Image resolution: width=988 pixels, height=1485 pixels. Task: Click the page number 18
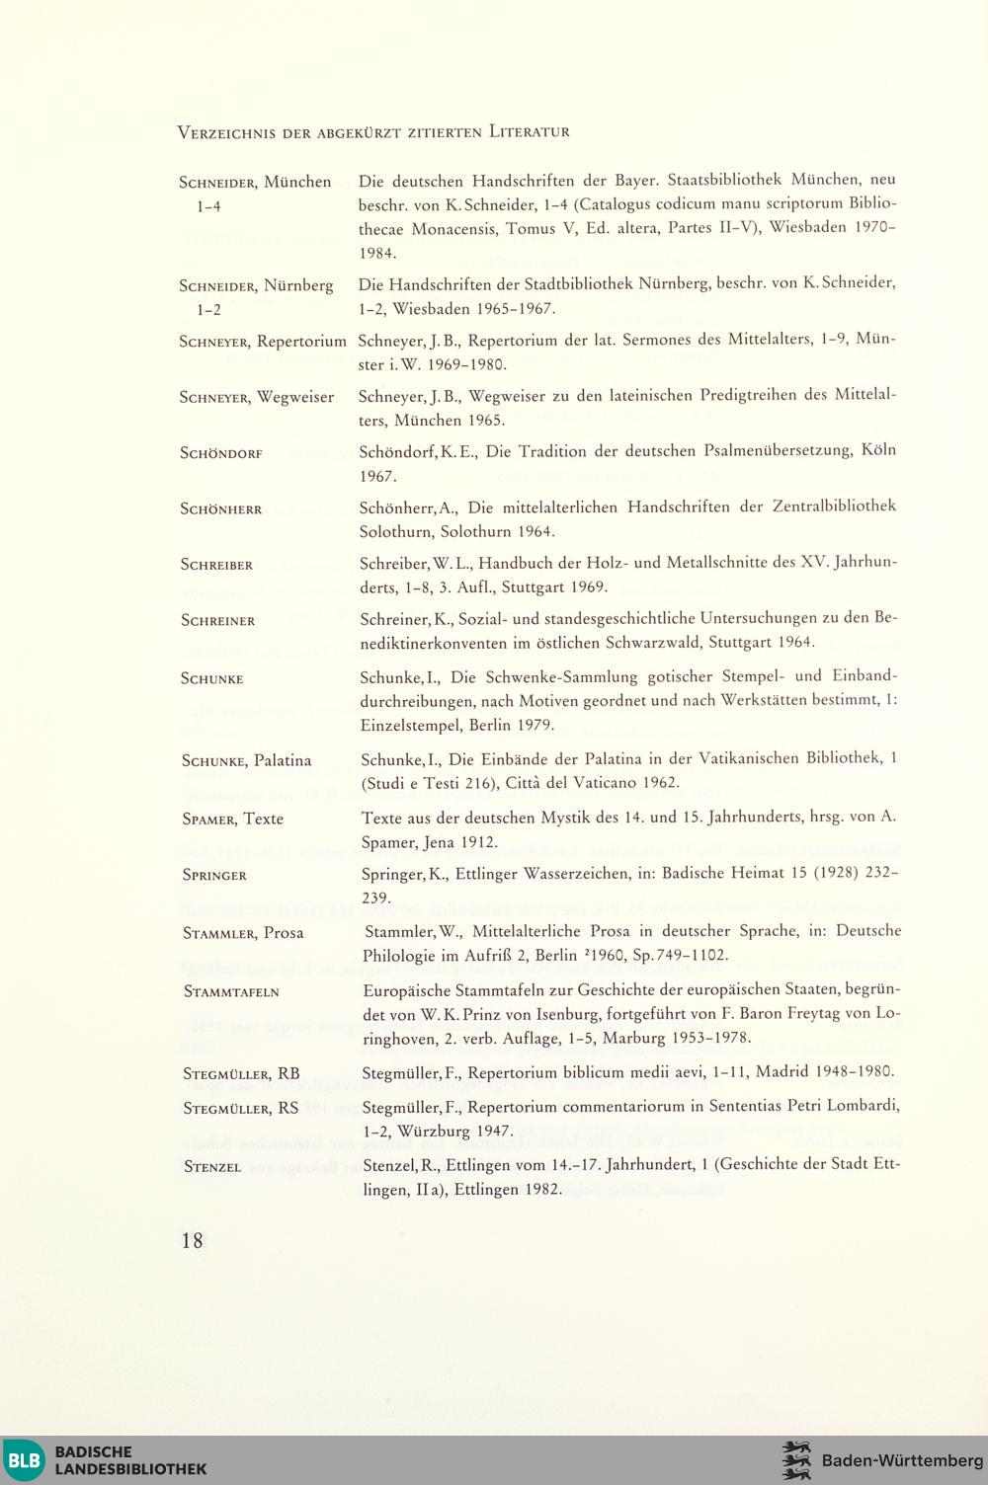pyautogui.click(x=192, y=1240)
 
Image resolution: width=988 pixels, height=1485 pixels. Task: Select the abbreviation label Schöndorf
pyautogui.click(x=221, y=454)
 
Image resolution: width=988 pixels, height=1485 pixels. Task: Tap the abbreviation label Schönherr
pyautogui.click(x=221, y=509)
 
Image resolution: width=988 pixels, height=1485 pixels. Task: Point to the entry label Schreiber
pyautogui.click(x=217, y=565)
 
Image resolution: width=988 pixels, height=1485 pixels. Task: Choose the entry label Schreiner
pyautogui.click(x=218, y=621)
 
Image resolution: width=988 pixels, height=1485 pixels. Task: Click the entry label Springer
pyautogui.click(x=214, y=876)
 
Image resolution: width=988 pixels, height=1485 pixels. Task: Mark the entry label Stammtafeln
pyautogui.click(x=231, y=991)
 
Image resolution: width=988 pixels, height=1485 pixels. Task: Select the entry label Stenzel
pyautogui.click(x=212, y=1167)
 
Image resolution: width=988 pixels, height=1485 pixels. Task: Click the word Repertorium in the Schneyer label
pyautogui.click(x=301, y=342)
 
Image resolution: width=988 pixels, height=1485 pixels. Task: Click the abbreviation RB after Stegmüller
pyautogui.click(x=288, y=1073)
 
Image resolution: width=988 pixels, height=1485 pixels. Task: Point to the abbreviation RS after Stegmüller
pyautogui.click(x=288, y=1108)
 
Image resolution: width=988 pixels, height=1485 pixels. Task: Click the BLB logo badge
pyautogui.click(x=25, y=1460)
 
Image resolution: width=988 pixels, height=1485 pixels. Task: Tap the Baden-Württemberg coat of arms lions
pyautogui.click(x=795, y=1460)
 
